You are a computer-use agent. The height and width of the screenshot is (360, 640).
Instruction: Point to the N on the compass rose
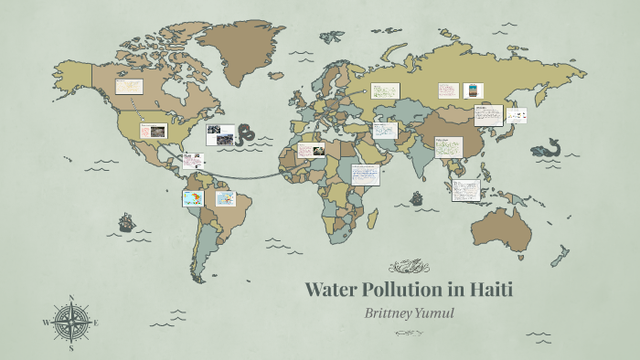point(70,298)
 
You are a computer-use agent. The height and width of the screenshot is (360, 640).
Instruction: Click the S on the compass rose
point(70,348)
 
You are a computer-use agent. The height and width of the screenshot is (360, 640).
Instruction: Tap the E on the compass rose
point(96,323)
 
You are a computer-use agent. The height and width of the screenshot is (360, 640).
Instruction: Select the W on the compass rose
point(46,323)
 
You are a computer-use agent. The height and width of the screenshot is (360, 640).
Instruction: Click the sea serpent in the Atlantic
point(245,135)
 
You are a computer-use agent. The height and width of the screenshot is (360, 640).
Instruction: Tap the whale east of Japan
point(549,146)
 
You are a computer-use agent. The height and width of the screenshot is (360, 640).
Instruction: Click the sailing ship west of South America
point(126,222)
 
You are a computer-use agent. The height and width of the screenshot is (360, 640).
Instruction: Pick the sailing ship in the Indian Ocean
point(417,197)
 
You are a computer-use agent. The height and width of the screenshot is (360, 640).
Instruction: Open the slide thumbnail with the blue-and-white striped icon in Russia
point(474,90)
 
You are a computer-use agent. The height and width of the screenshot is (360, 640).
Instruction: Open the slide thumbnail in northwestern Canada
point(129,86)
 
